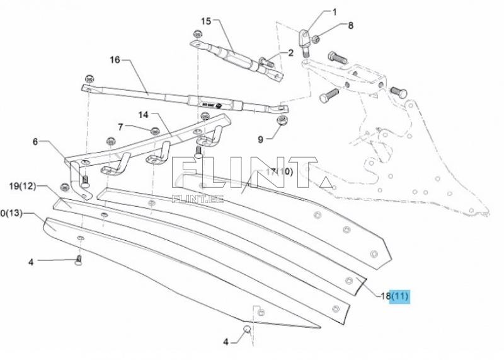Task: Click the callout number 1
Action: click(335, 12)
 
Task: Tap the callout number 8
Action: click(351, 26)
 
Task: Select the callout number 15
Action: click(206, 21)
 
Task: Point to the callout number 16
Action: click(114, 61)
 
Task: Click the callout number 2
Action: click(290, 53)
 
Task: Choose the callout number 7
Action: click(120, 127)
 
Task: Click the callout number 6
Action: click(36, 141)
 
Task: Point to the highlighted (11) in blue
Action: click(400, 295)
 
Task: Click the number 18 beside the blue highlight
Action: click(384, 295)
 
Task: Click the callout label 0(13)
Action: click(11, 214)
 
